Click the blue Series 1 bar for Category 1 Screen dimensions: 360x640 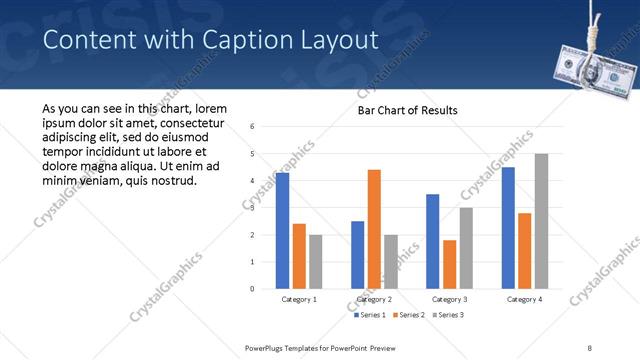coord(282,230)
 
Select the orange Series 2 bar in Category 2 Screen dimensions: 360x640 coord(374,229)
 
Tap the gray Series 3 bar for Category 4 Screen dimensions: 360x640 coord(541,221)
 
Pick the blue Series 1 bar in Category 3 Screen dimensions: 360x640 coord(432,241)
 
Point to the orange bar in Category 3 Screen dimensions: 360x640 coord(449,264)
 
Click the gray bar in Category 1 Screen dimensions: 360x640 coord(316,261)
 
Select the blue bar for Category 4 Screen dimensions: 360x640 coord(508,227)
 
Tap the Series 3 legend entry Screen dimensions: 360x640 coord(447,315)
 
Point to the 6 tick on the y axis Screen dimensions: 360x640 coord(252,127)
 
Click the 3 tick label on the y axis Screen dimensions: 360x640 coord(252,208)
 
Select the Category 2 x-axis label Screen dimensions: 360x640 coord(374,299)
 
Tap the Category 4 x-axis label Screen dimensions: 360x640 coord(524,299)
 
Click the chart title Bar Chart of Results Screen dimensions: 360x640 coord(408,110)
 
